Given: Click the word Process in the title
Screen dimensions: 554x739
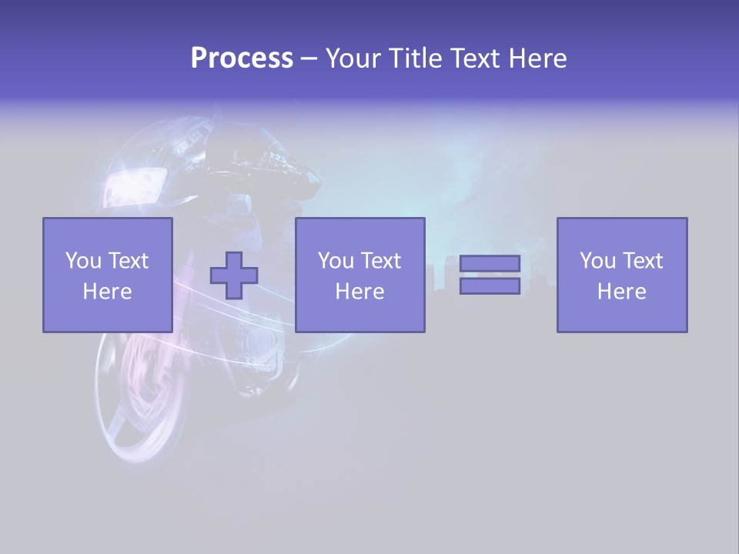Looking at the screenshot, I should pos(242,58).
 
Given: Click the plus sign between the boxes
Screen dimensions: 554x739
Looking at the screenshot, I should pos(234,275).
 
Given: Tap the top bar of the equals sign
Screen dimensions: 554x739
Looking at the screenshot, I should pos(490,264).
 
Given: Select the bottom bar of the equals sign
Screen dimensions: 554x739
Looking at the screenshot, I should pos(490,285).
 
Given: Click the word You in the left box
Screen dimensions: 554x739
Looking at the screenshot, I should pos(83,260).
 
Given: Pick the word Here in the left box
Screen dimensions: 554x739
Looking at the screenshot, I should pos(107,291).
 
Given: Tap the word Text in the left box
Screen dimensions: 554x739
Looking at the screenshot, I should pos(128,260).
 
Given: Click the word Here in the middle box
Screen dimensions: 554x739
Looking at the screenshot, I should pos(359,291).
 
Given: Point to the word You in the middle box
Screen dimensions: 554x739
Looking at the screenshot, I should pos(336,260).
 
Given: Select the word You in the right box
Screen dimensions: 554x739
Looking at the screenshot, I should pos(597,260).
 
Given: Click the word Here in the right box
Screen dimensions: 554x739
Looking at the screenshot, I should pos(621,291).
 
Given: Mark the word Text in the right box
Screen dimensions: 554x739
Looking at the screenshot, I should pos(642,260).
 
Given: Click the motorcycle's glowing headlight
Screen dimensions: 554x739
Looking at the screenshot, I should pos(135,185).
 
